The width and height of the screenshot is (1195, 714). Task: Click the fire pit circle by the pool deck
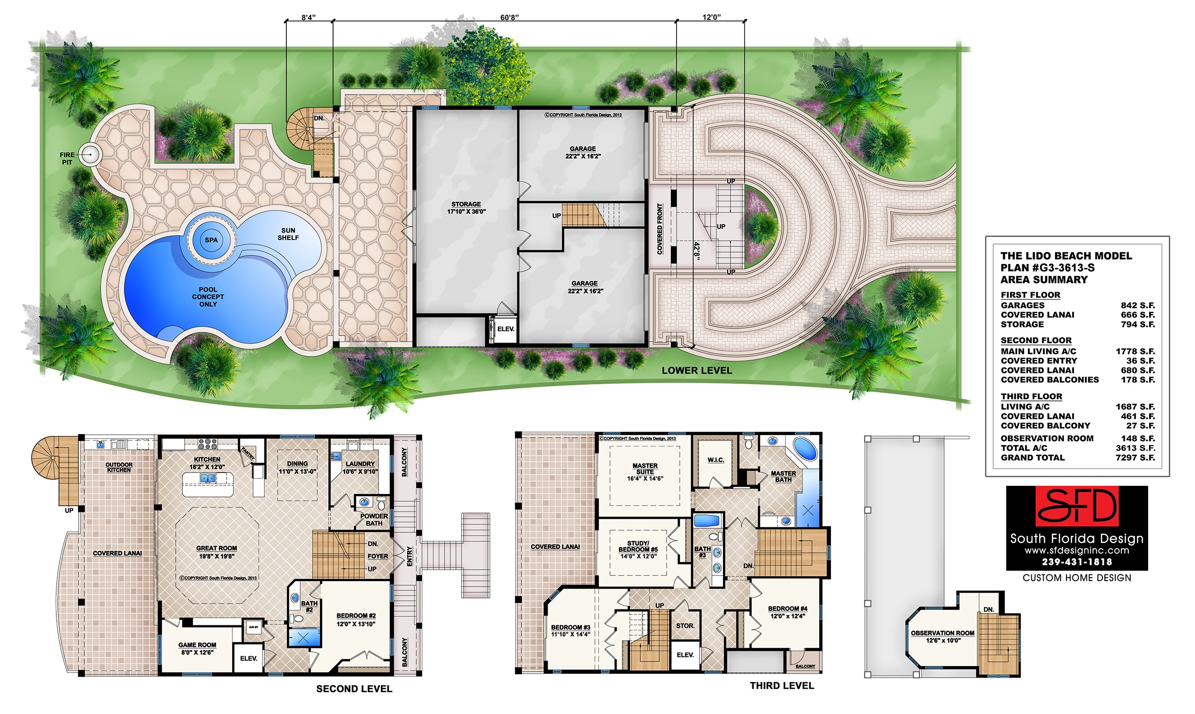coord(91,154)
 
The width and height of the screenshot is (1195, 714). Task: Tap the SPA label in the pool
coord(211,240)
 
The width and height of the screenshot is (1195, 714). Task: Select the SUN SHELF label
coord(288,234)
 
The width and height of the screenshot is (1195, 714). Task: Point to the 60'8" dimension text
coord(509,17)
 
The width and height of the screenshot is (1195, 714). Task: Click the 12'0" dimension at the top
coord(712,17)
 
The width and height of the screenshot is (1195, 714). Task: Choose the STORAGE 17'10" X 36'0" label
coord(466,208)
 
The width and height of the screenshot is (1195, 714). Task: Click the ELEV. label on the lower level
coord(506,329)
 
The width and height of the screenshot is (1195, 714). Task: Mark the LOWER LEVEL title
coord(697,370)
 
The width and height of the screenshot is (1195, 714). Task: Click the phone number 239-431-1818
coord(1077,562)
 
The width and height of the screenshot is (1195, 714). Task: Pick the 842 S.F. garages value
coord(1138,305)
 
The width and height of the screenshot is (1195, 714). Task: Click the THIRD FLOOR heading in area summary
coord(1031,396)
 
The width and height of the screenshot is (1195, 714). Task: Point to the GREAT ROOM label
coord(217,552)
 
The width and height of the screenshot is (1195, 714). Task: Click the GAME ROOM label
coord(197,648)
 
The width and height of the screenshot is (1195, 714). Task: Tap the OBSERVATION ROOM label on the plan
coord(943,636)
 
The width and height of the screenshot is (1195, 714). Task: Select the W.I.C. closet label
coord(716,460)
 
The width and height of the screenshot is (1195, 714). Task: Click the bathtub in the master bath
coord(805,449)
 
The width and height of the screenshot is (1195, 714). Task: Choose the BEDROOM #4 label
coord(787,612)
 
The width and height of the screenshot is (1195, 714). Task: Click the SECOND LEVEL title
coord(354,689)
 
